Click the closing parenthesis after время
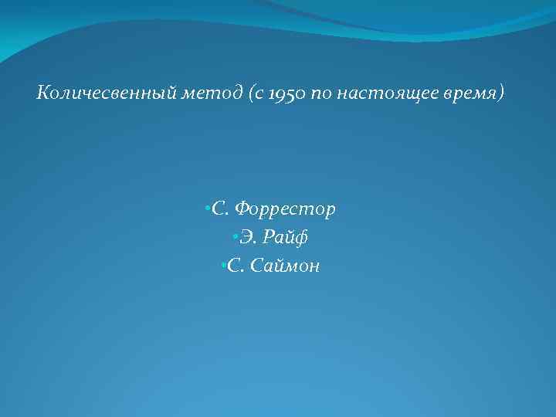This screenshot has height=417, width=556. tap(503, 94)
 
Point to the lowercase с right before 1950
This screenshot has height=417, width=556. tap(260, 95)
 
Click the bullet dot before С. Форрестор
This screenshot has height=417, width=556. tap(208, 208)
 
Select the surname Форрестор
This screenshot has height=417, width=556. tap(285, 209)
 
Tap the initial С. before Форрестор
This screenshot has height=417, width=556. tap(219, 209)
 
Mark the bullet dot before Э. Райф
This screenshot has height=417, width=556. tap(232, 237)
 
